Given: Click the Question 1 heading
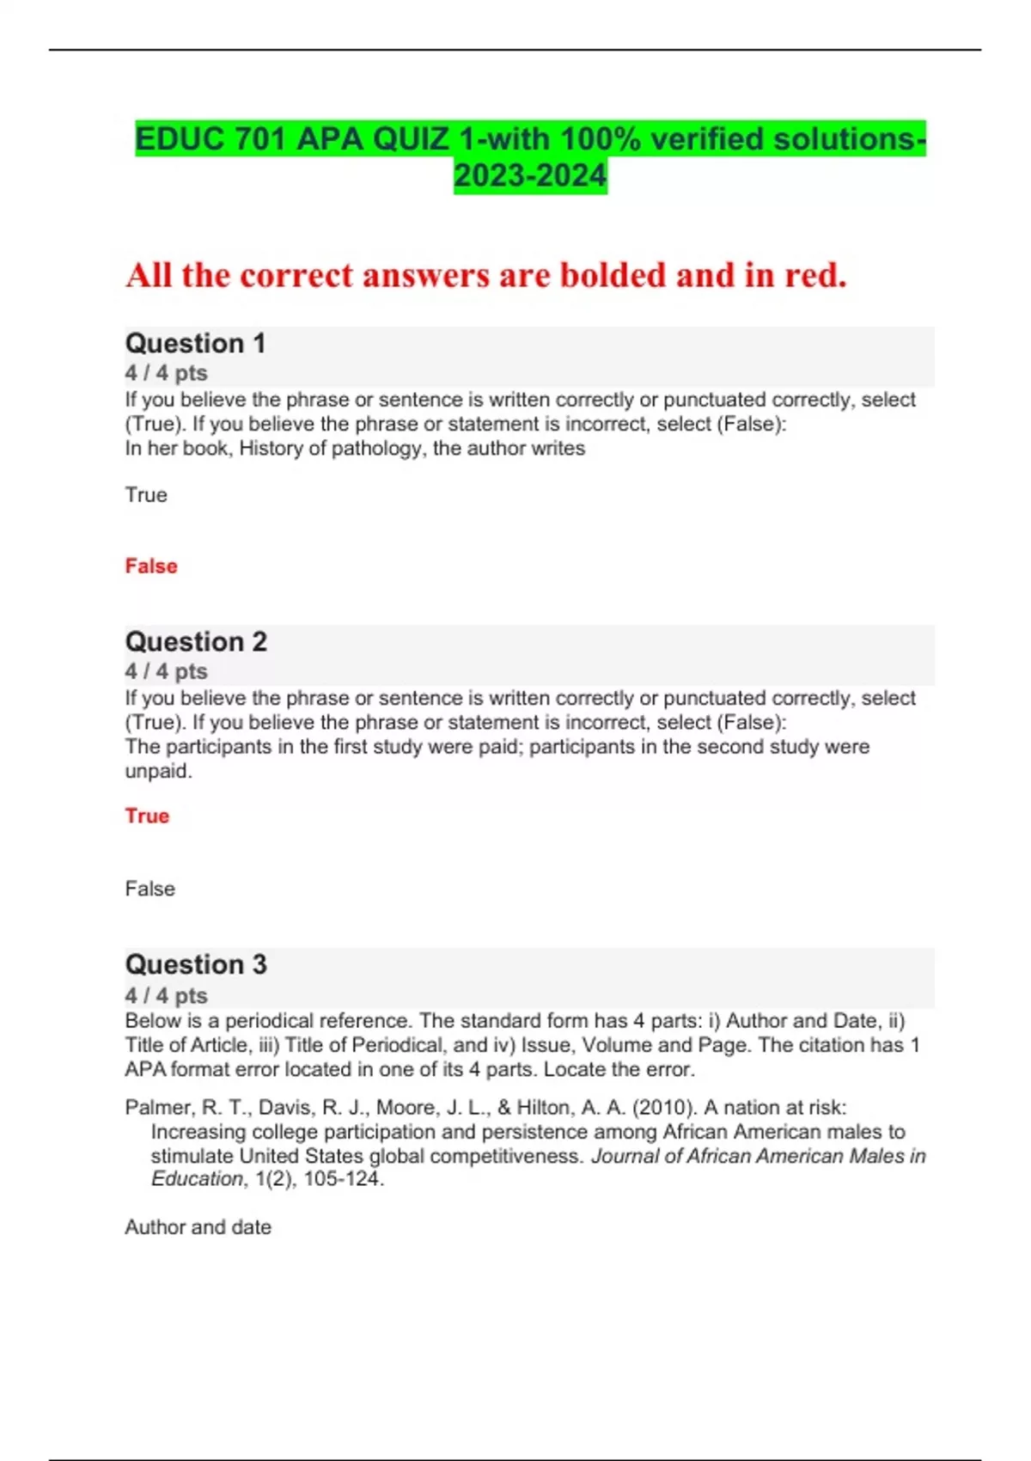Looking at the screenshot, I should click(195, 343).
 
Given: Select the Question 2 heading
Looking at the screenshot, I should click(196, 641).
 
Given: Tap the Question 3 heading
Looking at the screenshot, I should click(196, 964).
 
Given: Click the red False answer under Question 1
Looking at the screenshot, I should click(151, 566).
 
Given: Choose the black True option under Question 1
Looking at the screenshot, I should click(146, 495).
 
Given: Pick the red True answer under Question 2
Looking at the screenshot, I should click(147, 816).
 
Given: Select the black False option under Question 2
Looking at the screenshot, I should click(149, 889).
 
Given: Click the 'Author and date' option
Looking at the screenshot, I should click(198, 1227).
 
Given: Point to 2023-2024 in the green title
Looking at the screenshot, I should click(530, 176).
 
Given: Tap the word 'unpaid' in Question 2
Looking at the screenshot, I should click(157, 771).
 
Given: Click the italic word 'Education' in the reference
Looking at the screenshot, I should click(197, 1179).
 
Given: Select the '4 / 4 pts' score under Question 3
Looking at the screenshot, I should click(166, 995).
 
